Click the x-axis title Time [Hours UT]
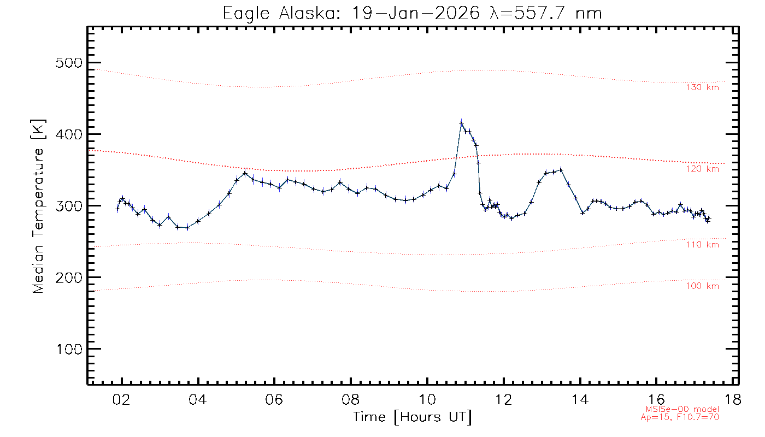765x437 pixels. tap(413, 417)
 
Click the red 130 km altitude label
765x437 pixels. tap(702, 87)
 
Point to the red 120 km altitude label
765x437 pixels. tap(702, 169)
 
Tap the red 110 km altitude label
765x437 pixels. tap(702, 245)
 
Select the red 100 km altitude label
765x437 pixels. tap(702, 286)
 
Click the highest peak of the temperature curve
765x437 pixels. tap(461, 123)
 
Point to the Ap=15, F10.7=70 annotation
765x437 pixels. tap(680, 417)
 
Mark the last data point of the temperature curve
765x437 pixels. tap(709, 218)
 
